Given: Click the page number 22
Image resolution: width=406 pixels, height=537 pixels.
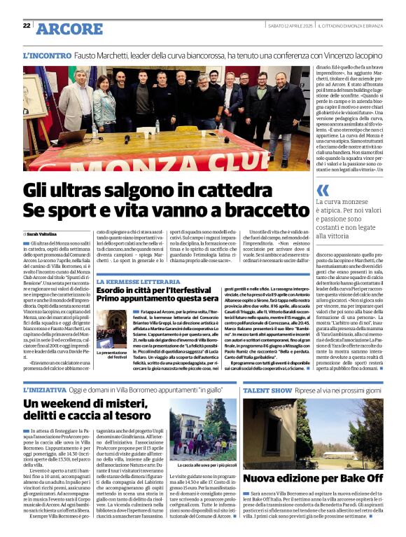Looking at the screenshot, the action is [x=26, y=25].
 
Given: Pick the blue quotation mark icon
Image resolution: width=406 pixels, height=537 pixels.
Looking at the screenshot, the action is [x=323, y=191].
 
